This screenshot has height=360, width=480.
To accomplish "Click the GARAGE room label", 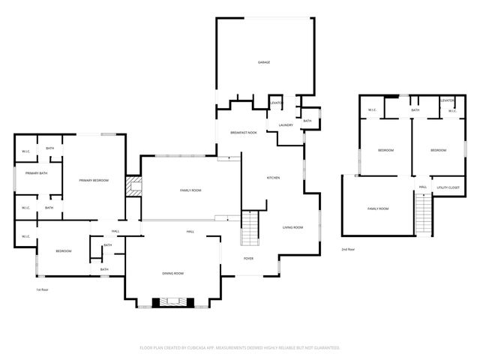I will (264, 62).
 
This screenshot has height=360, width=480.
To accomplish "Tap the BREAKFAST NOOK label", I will (243, 132).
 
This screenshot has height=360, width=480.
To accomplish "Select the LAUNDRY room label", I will (285, 124).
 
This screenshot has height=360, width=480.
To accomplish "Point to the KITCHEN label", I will (273, 178).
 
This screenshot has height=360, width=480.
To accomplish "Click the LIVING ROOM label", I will (292, 227).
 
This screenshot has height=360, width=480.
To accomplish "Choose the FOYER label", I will (248, 259).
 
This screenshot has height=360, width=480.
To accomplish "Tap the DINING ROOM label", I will (173, 274).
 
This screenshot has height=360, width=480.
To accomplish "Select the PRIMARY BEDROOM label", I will (94, 181).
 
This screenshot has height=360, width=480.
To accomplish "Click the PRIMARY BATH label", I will (36, 173).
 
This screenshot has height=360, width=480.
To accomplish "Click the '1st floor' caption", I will (42, 289).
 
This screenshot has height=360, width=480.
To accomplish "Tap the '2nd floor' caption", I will (348, 248).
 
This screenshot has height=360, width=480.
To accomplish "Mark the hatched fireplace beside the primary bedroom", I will (133, 186).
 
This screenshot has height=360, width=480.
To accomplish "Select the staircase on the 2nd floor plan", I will (424, 214).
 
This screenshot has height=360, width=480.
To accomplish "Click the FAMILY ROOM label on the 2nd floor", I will (377, 208).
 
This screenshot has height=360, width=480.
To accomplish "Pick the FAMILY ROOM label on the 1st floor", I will (190, 190).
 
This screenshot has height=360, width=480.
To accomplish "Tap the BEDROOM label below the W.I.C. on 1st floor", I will (63, 250).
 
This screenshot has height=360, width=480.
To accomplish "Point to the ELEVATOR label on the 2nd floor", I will (448, 100).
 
